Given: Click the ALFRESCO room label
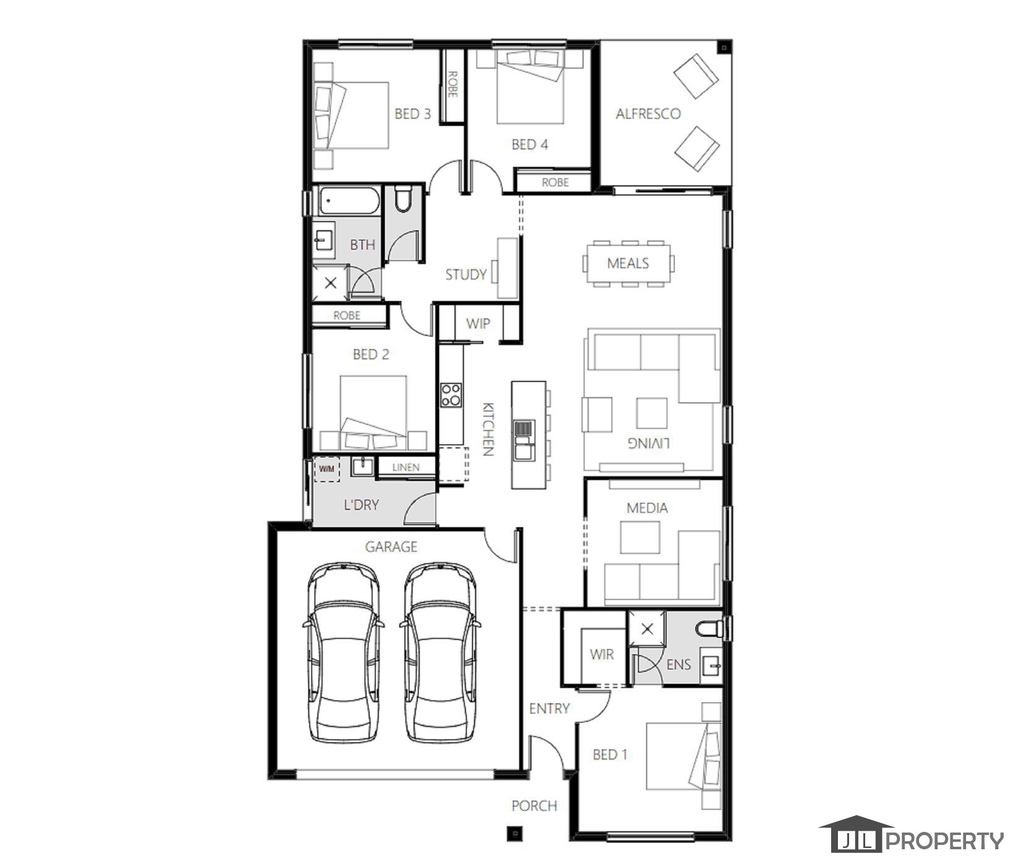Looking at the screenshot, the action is (x=648, y=114).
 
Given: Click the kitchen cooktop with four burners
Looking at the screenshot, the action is (x=451, y=395).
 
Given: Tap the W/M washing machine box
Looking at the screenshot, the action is (x=326, y=469).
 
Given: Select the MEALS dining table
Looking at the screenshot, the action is (x=628, y=263).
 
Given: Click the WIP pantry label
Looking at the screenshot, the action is (x=478, y=323).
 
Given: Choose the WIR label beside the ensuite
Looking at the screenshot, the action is (x=602, y=654).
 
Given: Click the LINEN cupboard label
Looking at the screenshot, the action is (x=406, y=468).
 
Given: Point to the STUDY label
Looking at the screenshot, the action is (x=466, y=275).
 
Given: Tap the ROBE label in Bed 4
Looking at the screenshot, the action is (x=555, y=182).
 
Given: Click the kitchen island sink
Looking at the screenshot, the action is (x=523, y=439).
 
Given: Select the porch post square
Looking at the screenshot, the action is (x=513, y=833).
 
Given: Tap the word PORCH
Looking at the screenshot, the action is (x=534, y=806).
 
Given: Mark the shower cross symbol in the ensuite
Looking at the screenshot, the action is (x=647, y=630).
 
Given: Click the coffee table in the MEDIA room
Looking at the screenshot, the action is (x=640, y=537).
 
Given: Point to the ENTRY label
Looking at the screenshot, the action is (x=549, y=708).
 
